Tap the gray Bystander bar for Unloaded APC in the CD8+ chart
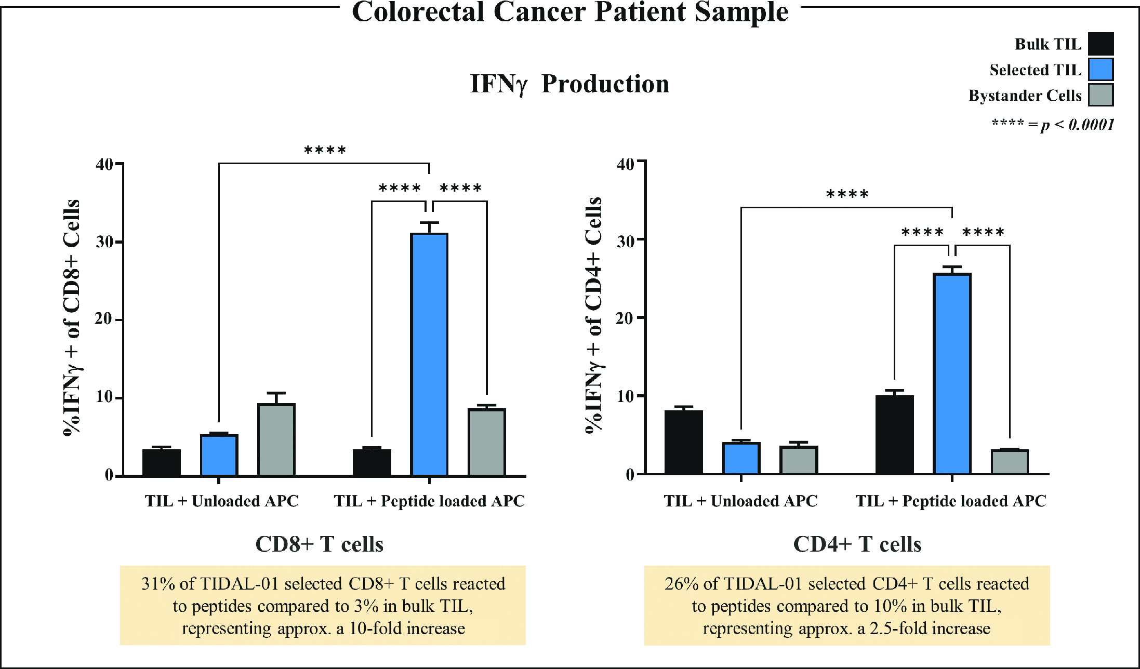276,439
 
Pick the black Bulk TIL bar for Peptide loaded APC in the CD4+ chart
894,435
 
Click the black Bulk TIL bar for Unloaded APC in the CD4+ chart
683,442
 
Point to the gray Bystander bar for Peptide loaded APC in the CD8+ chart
487,442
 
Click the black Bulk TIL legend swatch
1101,44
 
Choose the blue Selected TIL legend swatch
1101,70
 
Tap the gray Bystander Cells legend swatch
1101,95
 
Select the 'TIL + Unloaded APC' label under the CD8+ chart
222,501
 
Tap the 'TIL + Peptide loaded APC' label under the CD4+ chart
951,501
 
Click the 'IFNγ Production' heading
569,84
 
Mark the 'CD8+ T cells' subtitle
319,544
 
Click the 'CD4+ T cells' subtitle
857,544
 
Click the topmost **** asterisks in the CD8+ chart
325,151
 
